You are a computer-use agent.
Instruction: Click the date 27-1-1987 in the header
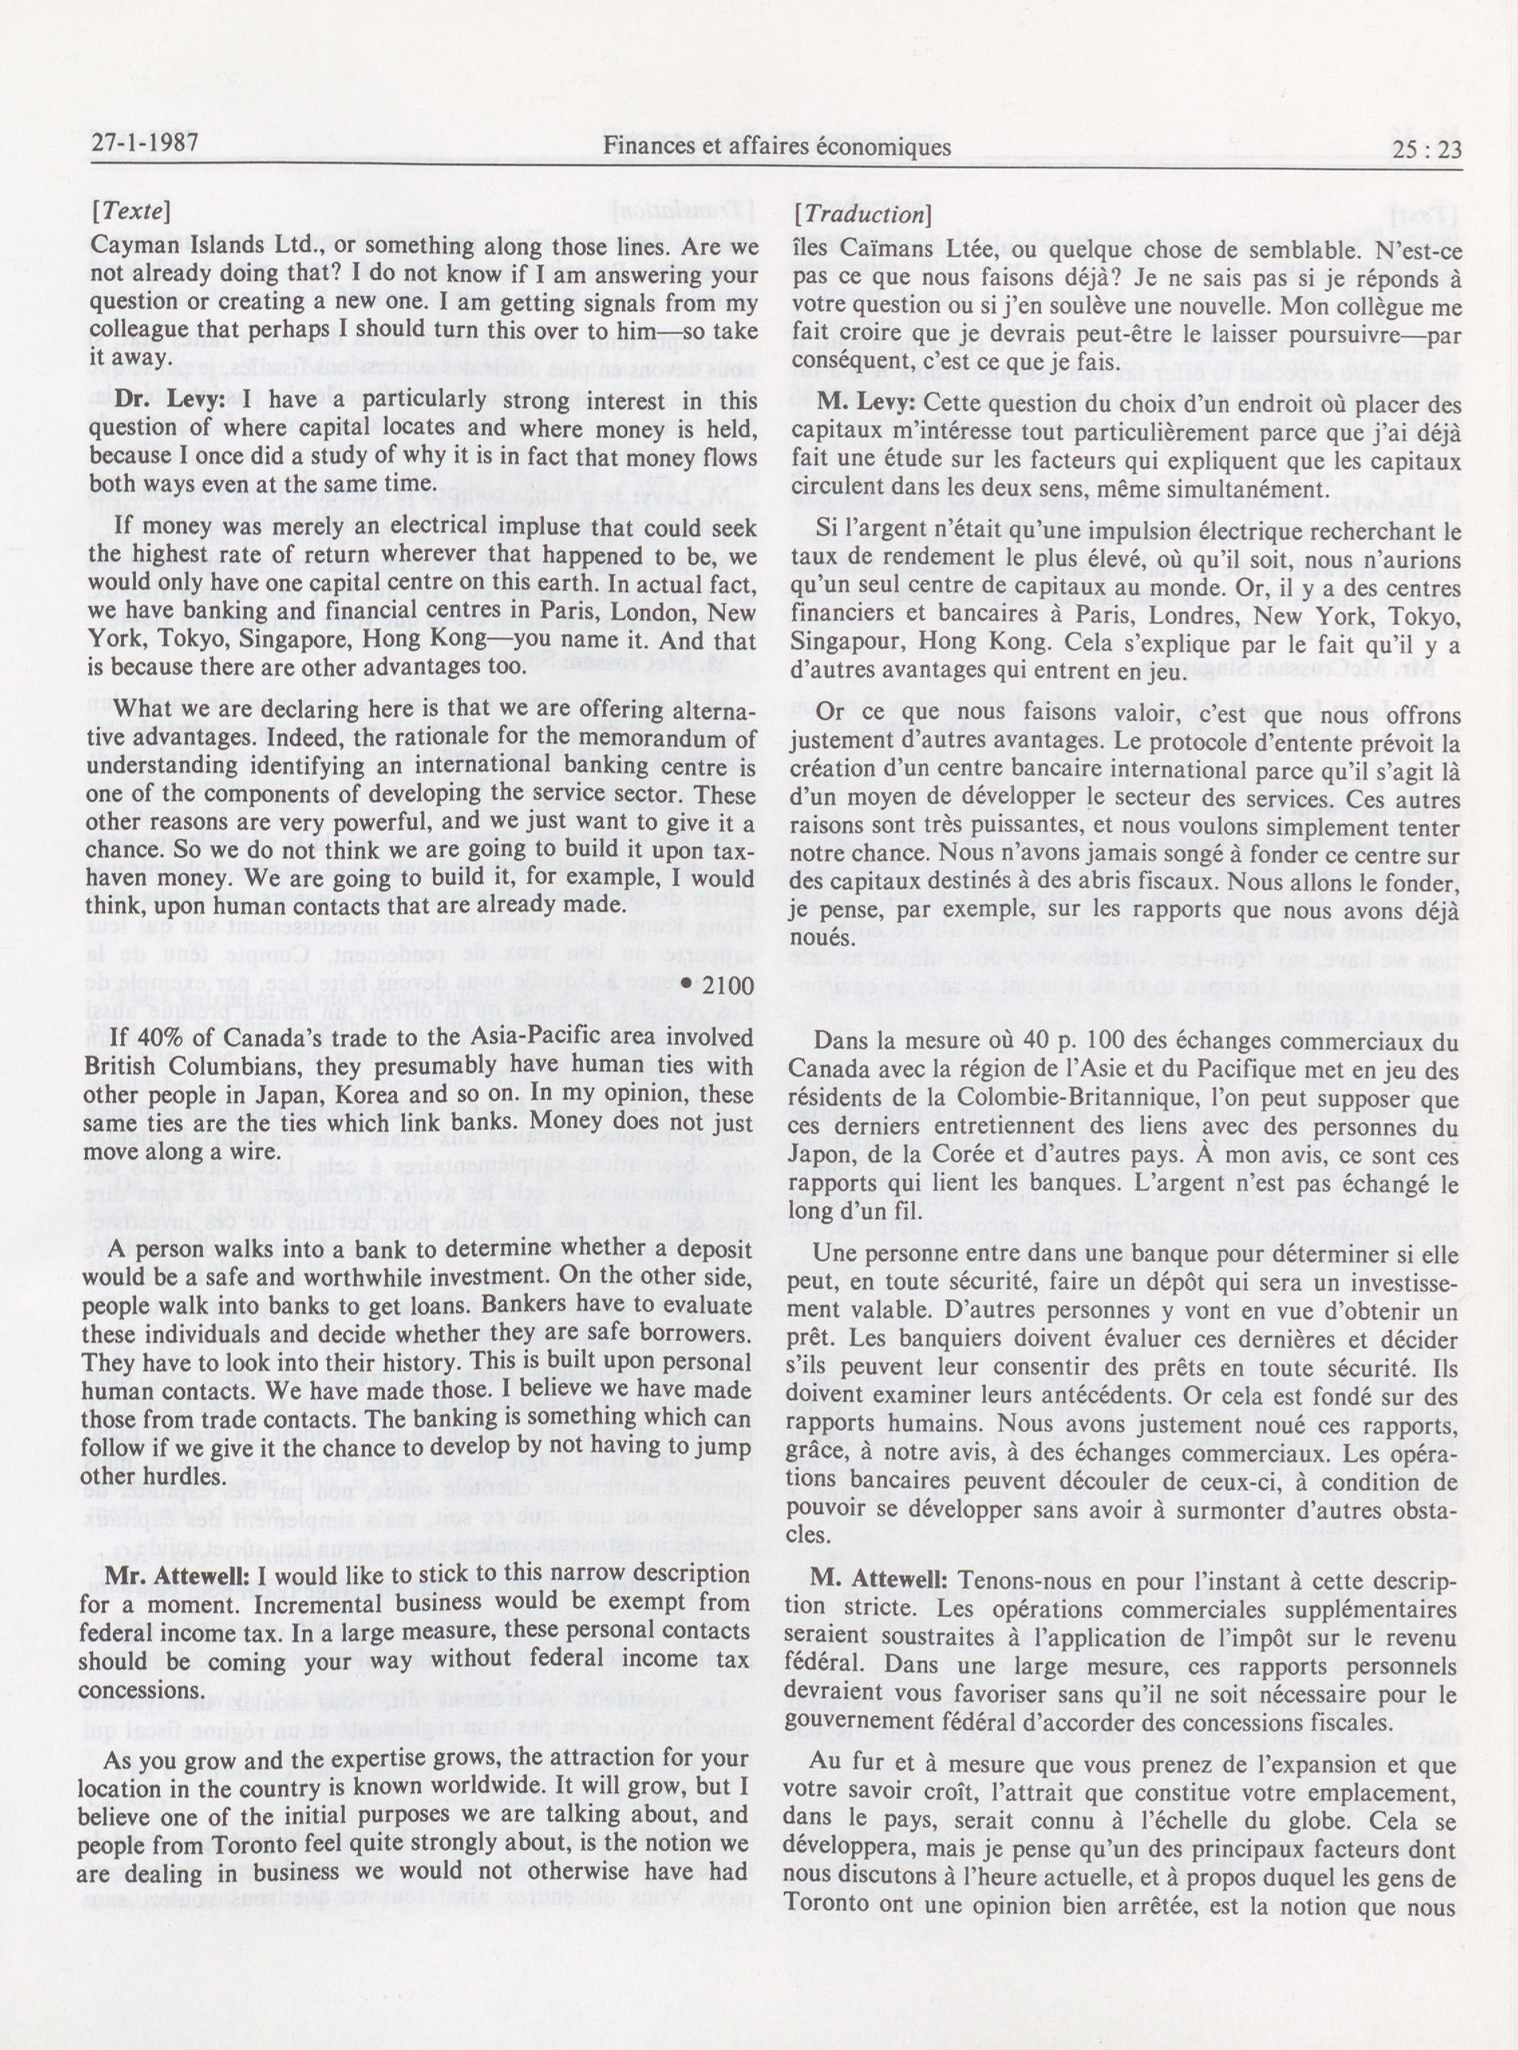(145, 146)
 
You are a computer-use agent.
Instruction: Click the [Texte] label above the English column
(130, 212)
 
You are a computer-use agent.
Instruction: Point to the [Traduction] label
(862, 214)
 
